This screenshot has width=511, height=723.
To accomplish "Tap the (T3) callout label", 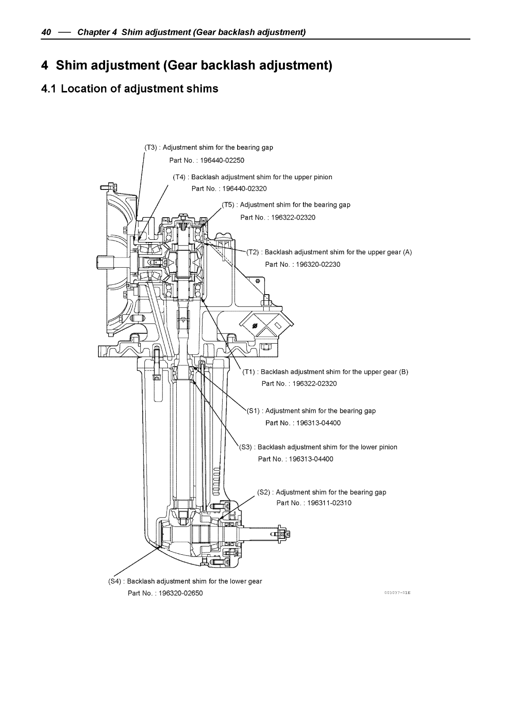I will (x=151, y=148).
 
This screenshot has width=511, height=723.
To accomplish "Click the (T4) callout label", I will (x=179, y=177).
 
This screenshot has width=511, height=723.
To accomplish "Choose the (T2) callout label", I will (x=253, y=253).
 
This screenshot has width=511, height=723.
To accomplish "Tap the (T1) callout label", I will (x=249, y=372).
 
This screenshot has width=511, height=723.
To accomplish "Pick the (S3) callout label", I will (x=246, y=447).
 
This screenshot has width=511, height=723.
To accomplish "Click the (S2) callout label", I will (x=264, y=492).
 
